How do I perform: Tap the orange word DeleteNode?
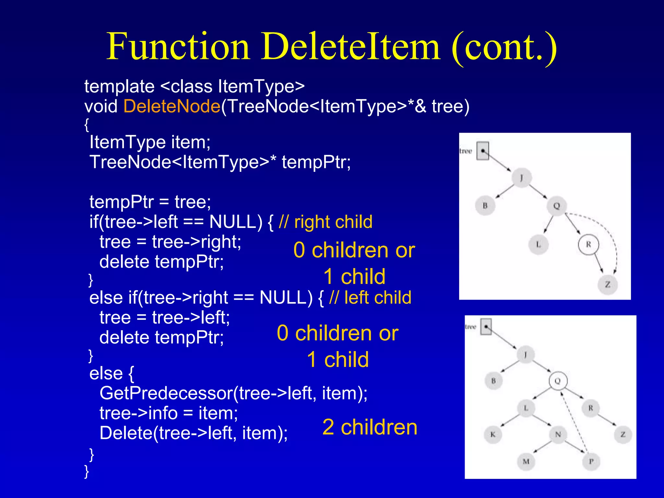[x=172, y=106]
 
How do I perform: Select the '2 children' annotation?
[x=370, y=427]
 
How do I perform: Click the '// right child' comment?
[x=326, y=222]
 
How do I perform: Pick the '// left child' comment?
[x=370, y=298]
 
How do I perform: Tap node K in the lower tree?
[x=493, y=434]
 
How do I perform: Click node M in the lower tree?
[x=526, y=461]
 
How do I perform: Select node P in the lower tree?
[x=591, y=461]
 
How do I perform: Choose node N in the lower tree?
[x=558, y=434]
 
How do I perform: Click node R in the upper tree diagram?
[x=588, y=244]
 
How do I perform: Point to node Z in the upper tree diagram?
[x=608, y=285]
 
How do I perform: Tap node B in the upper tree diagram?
[x=485, y=206]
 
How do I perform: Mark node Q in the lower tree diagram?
[x=558, y=381]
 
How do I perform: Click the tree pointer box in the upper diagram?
[x=483, y=151]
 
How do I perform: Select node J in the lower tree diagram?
[x=526, y=354]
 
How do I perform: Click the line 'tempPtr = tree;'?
[x=150, y=202]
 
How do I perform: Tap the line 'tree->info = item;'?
[x=169, y=413]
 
